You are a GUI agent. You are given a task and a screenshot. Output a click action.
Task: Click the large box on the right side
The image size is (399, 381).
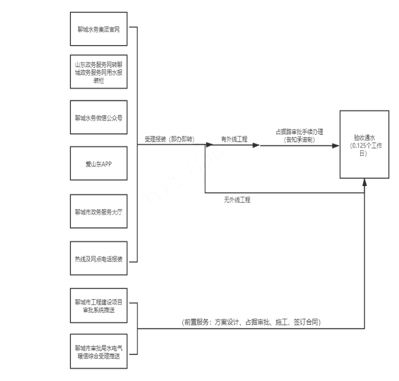364,145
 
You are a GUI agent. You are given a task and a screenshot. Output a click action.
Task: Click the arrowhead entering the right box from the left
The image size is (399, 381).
337,145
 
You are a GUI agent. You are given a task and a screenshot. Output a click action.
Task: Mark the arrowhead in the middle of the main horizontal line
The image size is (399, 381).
256,145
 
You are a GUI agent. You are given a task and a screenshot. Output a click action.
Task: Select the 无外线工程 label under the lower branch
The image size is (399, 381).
237,201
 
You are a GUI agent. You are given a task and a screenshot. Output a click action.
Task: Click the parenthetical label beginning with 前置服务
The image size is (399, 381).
251,322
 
